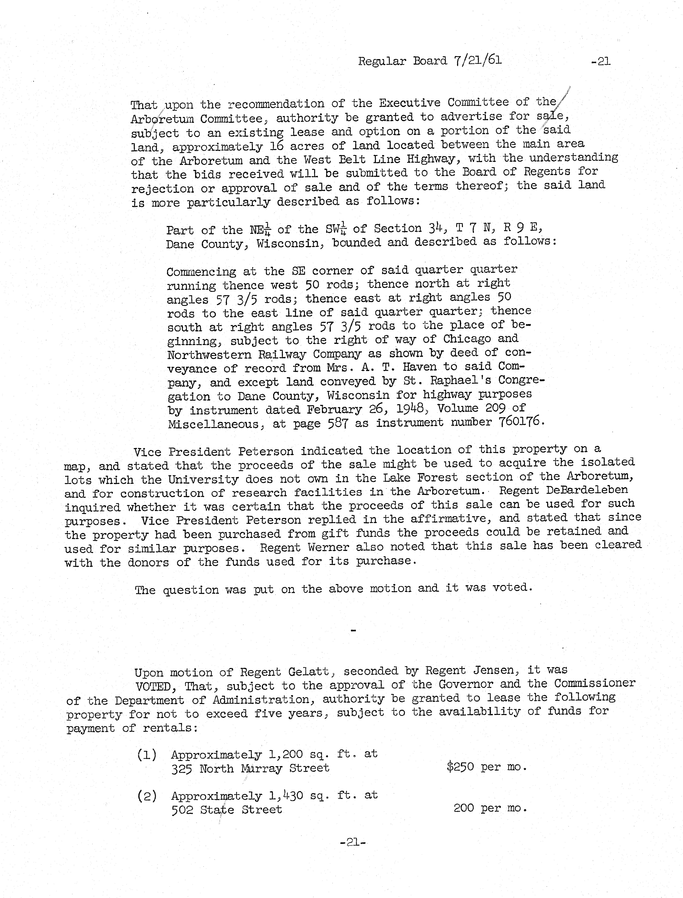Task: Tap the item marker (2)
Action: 147,796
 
